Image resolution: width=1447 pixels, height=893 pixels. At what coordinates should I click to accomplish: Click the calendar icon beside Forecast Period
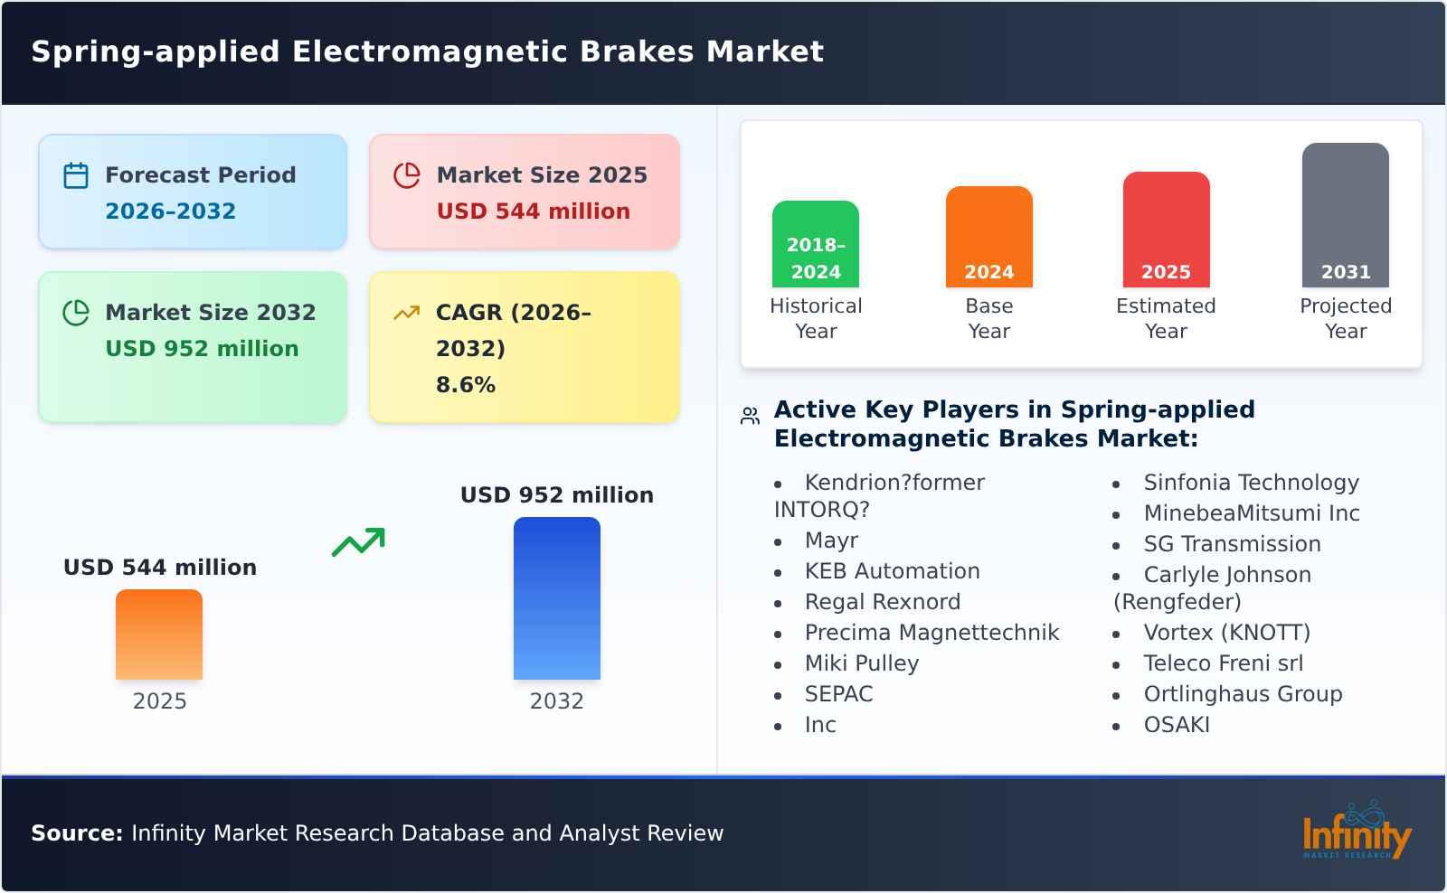pyautogui.click(x=76, y=175)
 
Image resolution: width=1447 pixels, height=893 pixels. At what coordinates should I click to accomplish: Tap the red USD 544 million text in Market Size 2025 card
pyautogui.click(x=533, y=211)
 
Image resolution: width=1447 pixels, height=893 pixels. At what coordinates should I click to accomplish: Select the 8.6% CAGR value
pyautogui.click(x=465, y=385)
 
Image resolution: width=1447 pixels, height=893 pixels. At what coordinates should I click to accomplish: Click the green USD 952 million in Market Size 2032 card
pyautogui.click(x=202, y=349)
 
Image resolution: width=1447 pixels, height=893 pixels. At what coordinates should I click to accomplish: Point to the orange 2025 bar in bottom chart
pyautogui.click(x=159, y=634)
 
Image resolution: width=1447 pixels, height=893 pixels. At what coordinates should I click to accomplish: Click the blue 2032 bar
pyautogui.click(x=556, y=598)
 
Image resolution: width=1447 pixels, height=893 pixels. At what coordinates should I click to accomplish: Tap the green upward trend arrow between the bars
pyautogui.click(x=358, y=542)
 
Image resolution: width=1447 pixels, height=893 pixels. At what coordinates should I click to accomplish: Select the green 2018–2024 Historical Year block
pyautogui.click(x=815, y=244)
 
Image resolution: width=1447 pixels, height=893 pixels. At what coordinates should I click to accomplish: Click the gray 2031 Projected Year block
pyautogui.click(x=1345, y=215)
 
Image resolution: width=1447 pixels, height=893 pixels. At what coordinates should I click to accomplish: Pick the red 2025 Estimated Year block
pyautogui.click(x=1166, y=230)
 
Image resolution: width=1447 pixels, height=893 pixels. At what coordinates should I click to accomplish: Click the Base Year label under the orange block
pyautogui.click(x=988, y=318)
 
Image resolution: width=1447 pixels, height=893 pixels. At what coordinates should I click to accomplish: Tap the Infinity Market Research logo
pyautogui.click(x=1356, y=831)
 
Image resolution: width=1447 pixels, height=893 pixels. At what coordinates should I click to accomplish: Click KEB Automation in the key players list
pyautogui.click(x=892, y=571)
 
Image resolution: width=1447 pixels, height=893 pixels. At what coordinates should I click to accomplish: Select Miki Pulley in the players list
pyautogui.click(x=861, y=663)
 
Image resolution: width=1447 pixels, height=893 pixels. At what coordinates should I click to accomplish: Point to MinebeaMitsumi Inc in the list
pyautogui.click(x=1251, y=513)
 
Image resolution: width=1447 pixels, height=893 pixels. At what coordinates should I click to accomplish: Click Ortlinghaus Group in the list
pyautogui.click(x=1243, y=694)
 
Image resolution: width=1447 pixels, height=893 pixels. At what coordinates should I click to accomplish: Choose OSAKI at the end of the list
pyautogui.click(x=1176, y=725)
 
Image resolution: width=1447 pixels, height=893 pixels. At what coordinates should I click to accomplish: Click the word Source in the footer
pyautogui.click(x=76, y=833)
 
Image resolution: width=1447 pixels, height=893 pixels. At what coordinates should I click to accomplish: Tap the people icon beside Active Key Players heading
pyautogui.click(x=750, y=416)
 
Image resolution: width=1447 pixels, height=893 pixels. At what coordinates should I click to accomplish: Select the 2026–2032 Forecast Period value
pyautogui.click(x=170, y=211)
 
